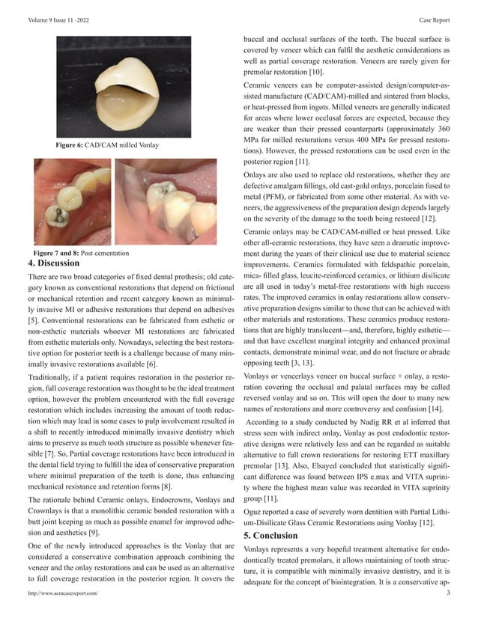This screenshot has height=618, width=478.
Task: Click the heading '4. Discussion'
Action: click(x=53, y=263)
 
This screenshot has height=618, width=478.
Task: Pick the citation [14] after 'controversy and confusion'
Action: click(x=437, y=410)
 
